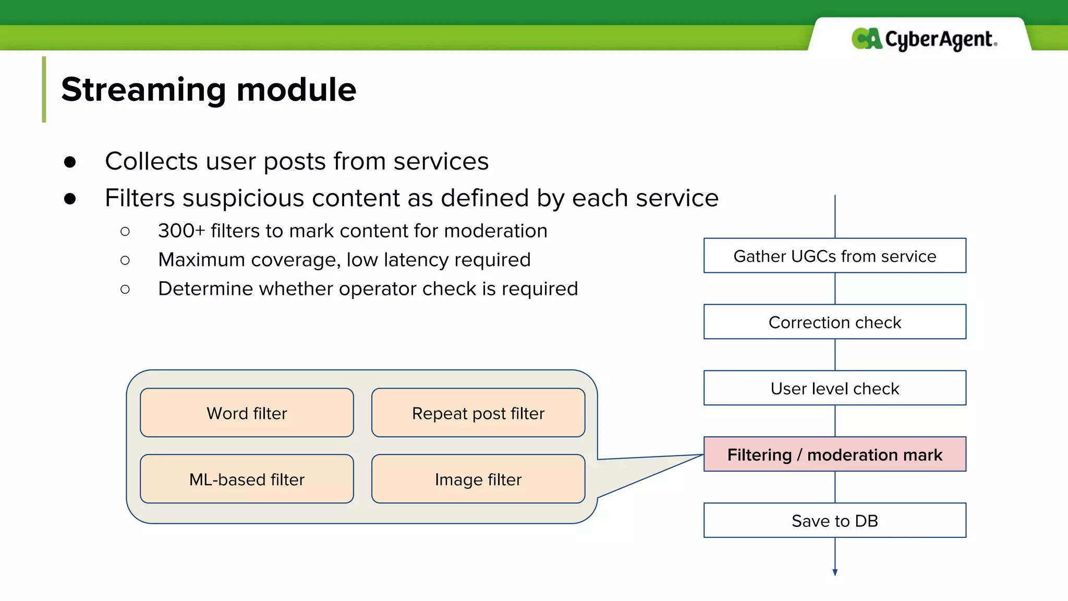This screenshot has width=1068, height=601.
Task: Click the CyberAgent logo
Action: pos(924,39)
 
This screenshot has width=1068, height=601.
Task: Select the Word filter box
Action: pos(247,413)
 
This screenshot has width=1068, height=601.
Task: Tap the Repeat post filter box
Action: pos(478,413)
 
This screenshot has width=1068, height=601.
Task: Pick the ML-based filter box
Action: pos(247,479)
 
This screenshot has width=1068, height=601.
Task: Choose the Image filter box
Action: pos(478,479)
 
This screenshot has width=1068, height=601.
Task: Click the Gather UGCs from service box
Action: pos(834,256)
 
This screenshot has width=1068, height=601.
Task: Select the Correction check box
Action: pos(834,322)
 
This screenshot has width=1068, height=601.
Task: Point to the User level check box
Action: pos(834,388)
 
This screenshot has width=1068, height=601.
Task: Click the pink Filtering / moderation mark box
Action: pos(834,454)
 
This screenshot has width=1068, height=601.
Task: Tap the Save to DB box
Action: pos(834,520)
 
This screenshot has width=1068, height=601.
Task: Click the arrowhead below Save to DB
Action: pos(835,572)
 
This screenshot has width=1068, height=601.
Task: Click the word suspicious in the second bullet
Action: pos(243,198)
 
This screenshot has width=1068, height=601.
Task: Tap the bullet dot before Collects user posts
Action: pos(70,162)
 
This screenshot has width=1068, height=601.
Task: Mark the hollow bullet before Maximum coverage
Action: pos(125,260)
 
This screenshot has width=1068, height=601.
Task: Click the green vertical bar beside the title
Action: pos(44,89)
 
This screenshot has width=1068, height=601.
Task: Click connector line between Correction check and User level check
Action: pos(835,355)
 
